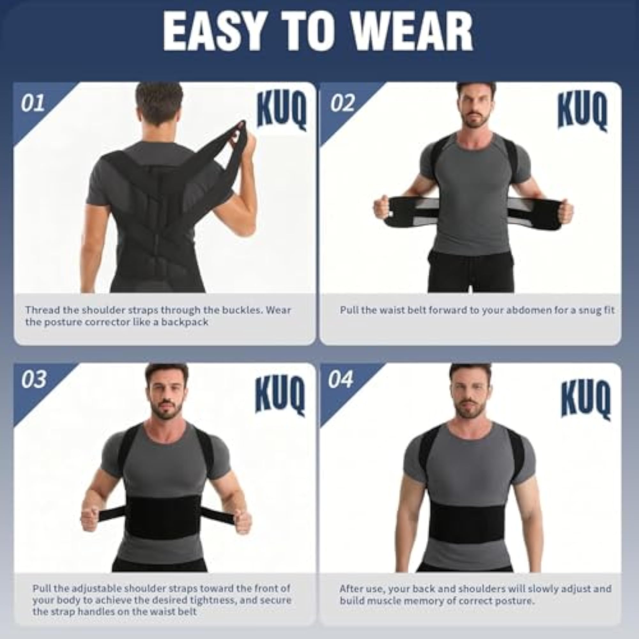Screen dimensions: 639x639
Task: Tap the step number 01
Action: coord(32,103)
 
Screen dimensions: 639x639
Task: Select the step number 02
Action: coord(343,103)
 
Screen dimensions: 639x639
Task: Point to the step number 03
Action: coord(34,379)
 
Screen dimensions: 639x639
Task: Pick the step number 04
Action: coord(341,379)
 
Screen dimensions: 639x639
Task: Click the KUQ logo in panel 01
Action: coord(282,111)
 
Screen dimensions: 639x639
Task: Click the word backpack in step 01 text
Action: coord(185,322)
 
